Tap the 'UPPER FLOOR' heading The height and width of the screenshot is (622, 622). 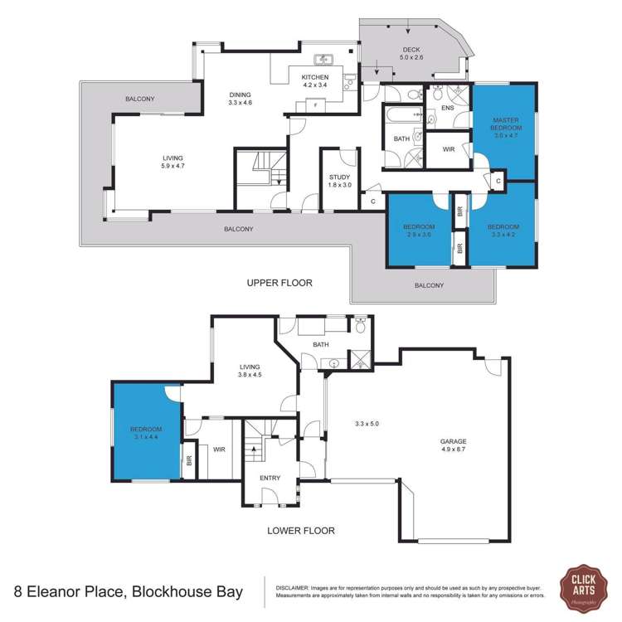pyautogui.click(x=279, y=283)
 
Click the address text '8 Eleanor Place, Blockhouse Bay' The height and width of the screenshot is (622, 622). pyautogui.click(x=129, y=591)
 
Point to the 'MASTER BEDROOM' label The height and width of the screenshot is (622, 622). pyautogui.click(x=506, y=129)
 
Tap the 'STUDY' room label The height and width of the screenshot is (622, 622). pyautogui.click(x=340, y=181)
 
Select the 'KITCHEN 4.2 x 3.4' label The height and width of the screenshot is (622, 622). pyautogui.click(x=315, y=81)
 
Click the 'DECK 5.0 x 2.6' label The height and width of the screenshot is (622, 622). pyautogui.click(x=411, y=54)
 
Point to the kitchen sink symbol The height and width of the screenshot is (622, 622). pyautogui.click(x=324, y=60)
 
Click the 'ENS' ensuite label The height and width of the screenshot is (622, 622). pyautogui.click(x=449, y=108)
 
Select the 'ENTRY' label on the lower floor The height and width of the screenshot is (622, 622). pyautogui.click(x=270, y=478)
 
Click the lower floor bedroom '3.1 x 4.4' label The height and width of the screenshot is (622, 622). pyautogui.click(x=146, y=433)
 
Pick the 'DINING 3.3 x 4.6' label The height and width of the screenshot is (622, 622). pyautogui.click(x=241, y=99)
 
